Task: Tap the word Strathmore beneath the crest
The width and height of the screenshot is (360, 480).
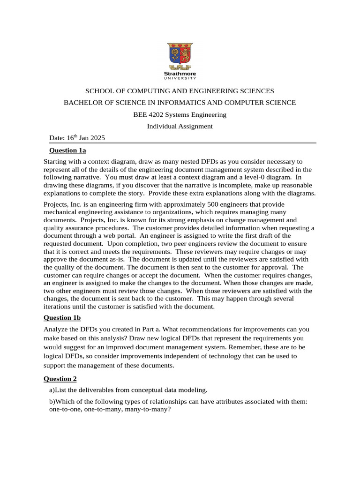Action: pyautogui.click(x=180, y=74)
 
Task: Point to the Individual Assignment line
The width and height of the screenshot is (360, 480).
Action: pyautogui.click(x=180, y=126)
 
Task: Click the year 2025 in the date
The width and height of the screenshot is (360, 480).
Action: pyautogui.click(x=97, y=138)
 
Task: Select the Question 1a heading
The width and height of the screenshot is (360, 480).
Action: pyautogui.click(x=67, y=150)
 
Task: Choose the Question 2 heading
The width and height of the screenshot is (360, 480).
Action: pyautogui.click(x=60, y=378)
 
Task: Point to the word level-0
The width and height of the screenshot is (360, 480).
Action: pyautogui.click(x=255, y=177)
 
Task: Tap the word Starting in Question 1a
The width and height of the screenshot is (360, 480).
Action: pyautogui.click(x=56, y=162)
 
